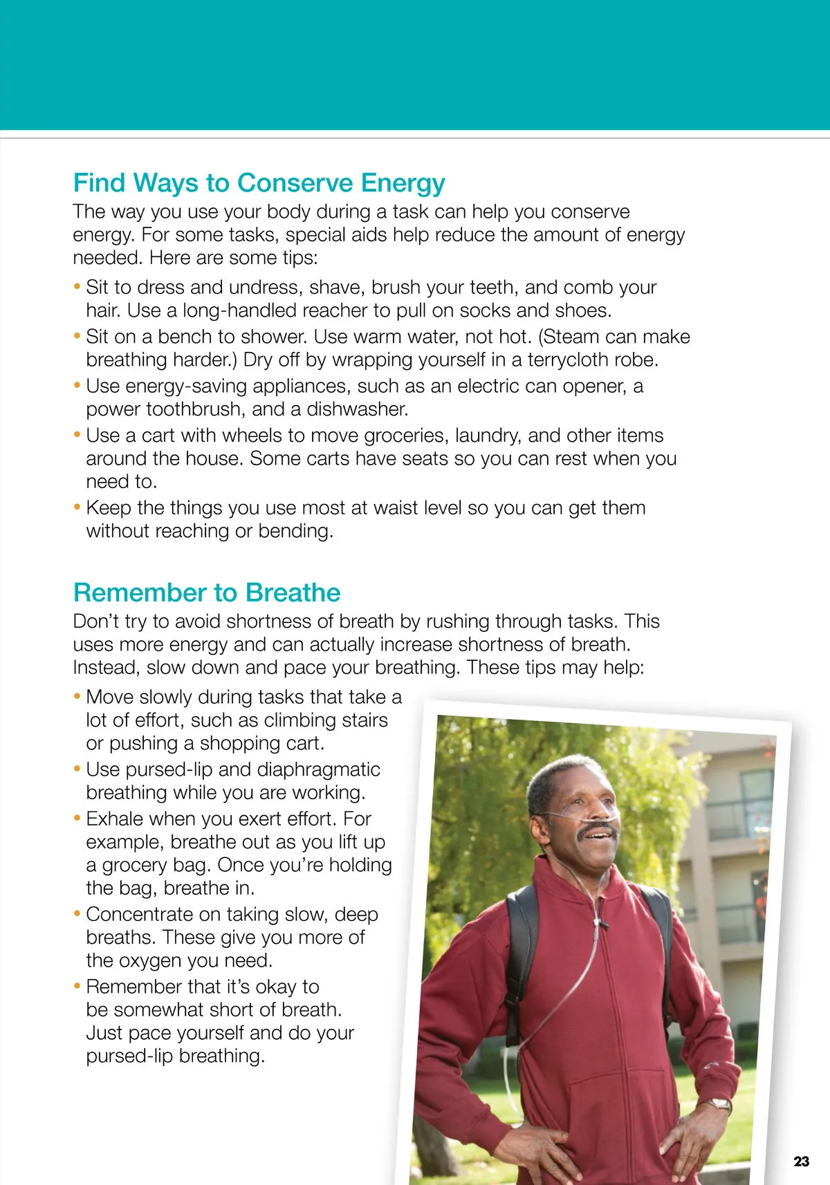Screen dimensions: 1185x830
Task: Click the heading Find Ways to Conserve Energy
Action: click(259, 183)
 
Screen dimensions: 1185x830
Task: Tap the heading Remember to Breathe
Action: click(207, 593)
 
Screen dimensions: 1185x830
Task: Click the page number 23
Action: click(801, 1161)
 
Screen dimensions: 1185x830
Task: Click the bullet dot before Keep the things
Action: click(77, 508)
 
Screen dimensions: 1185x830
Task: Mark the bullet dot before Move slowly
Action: click(77, 697)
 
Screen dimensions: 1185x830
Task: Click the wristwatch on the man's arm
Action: click(719, 1104)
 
